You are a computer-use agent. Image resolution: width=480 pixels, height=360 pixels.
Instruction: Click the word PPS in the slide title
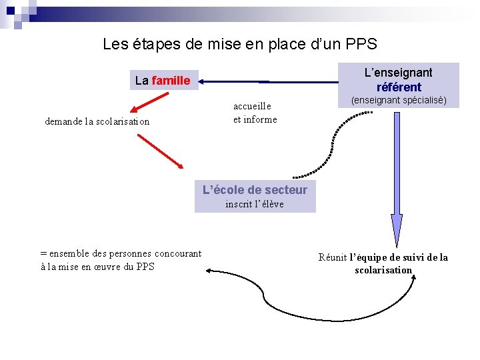pyautogui.click(x=361, y=45)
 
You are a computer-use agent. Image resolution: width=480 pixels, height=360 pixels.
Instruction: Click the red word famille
pyautogui.click(x=171, y=81)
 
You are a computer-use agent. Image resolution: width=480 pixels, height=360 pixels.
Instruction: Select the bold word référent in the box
pyautogui.click(x=399, y=87)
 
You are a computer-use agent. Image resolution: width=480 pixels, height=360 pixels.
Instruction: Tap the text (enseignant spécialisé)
pyautogui.click(x=399, y=101)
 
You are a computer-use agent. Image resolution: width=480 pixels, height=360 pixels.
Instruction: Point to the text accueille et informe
pyautogui.click(x=254, y=113)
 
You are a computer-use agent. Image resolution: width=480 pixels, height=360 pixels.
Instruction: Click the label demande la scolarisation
pyautogui.click(x=97, y=121)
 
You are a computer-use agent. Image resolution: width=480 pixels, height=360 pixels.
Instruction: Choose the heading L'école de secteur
pyautogui.click(x=255, y=190)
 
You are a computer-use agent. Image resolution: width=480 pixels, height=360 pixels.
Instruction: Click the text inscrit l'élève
pyautogui.click(x=254, y=204)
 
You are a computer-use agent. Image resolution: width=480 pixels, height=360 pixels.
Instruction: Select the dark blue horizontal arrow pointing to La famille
pyautogui.click(x=267, y=82)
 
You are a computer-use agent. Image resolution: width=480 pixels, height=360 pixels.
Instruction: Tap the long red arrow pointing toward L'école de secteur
pyautogui.click(x=160, y=151)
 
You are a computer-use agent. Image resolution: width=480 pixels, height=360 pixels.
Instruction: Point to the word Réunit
pyautogui.click(x=332, y=257)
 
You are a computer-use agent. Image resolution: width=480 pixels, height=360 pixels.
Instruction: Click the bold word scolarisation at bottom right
pyautogui.click(x=383, y=270)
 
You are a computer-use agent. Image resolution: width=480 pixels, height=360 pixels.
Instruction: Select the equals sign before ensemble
pyautogui.click(x=43, y=253)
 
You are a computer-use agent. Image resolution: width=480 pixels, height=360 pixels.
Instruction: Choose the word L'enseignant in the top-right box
pyautogui.click(x=398, y=73)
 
